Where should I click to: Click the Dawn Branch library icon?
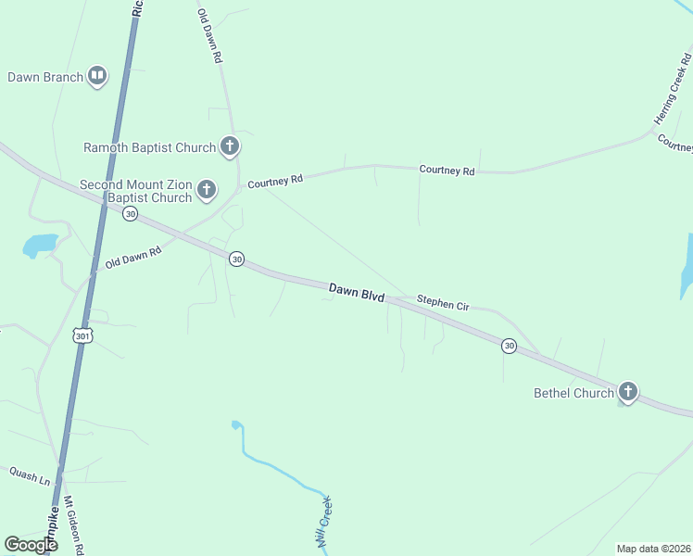click(97, 77)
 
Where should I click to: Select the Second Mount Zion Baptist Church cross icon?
click(206, 191)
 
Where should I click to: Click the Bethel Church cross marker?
click(627, 392)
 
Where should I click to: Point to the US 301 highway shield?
click(82, 335)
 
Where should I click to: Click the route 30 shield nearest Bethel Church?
click(509, 346)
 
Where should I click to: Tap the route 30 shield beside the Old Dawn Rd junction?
click(237, 259)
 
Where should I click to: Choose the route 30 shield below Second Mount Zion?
click(130, 214)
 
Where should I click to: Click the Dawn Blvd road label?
click(357, 291)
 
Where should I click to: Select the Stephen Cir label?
click(444, 301)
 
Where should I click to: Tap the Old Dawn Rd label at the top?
click(210, 36)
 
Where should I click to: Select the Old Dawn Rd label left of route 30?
click(133, 257)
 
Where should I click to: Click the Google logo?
click(31, 544)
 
